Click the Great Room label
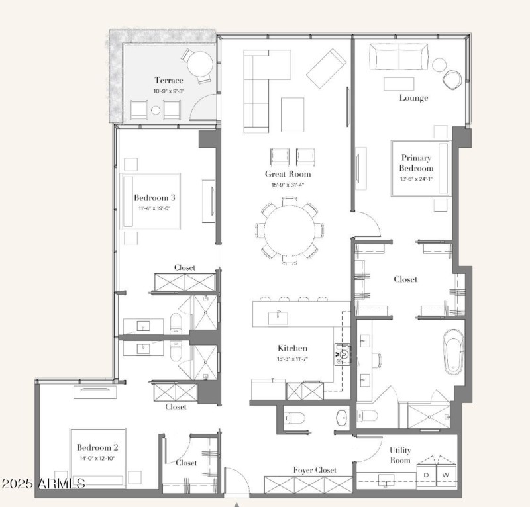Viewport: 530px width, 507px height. [288, 174]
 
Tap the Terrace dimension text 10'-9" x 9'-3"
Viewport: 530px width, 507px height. [169, 91]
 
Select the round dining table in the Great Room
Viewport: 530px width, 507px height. [290, 230]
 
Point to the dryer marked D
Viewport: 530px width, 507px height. [426, 475]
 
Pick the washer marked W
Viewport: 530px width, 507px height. [446, 475]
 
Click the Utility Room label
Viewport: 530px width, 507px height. [400, 455]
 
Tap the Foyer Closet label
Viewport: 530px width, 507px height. [315, 470]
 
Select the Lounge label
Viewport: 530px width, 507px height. [413, 97]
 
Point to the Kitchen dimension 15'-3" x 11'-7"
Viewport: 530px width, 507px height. [292, 359]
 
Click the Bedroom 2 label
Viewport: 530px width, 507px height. [97, 447]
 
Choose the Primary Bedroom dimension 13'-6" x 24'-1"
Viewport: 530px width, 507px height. [416, 179]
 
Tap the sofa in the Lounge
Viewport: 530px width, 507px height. [399, 57]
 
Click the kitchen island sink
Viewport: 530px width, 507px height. [278, 318]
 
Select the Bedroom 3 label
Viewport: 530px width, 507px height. [154, 197]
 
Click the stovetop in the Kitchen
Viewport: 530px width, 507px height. [342, 354]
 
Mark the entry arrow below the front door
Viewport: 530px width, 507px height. [237, 504]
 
